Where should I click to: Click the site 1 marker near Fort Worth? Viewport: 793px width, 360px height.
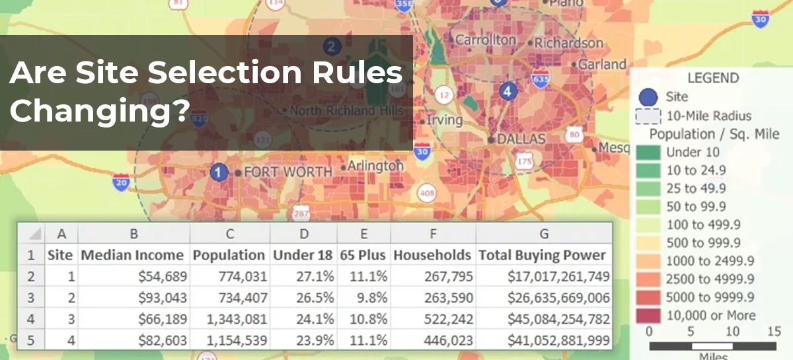coord(215,172)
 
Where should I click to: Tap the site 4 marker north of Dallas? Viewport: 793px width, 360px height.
coord(508,91)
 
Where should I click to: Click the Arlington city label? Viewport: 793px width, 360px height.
coord(375,166)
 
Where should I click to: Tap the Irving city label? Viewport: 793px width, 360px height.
coord(444,121)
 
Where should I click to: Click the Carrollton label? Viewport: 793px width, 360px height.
coord(486,40)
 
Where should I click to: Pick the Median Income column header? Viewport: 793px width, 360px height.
coord(132,255)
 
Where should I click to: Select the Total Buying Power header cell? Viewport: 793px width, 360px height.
coord(542,255)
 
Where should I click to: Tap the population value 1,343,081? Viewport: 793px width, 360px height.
coord(236,320)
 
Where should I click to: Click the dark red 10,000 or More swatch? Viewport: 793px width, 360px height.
coord(648,315)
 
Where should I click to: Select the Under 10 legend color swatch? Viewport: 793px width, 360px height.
coord(648,153)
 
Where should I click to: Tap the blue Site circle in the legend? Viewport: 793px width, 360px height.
coord(648,97)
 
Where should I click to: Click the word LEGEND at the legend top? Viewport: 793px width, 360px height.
coord(712,78)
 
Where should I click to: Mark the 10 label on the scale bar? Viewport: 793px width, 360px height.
coord(733,331)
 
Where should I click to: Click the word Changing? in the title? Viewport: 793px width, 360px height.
coord(96,110)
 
